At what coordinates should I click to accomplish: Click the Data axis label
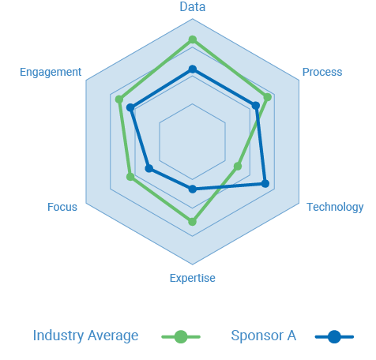(193, 7)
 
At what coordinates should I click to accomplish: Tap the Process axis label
(322, 72)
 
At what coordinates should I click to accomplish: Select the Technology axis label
(335, 207)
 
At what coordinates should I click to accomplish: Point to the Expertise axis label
(193, 278)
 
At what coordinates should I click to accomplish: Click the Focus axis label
(62, 207)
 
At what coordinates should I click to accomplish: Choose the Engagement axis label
(51, 72)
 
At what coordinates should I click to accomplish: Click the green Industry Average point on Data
(193, 39)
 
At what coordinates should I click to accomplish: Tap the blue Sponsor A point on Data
(193, 69)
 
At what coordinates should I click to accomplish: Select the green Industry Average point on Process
(268, 97)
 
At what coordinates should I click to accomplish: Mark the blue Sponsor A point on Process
(256, 106)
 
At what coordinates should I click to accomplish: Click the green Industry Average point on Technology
(238, 167)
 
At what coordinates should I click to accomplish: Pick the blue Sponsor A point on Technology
(265, 184)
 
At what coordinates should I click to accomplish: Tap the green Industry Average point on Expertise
(193, 222)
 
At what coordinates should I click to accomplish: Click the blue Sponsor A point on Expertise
(193, 189)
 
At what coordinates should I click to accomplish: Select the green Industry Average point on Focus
(130, 177)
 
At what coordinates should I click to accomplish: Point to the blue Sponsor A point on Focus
(149, 168)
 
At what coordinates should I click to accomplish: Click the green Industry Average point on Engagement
(119, 99)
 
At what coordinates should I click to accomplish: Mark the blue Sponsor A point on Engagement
(130, 107)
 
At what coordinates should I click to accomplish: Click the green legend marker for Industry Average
(181, 336)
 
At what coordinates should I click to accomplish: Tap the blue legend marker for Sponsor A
(334, 336)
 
